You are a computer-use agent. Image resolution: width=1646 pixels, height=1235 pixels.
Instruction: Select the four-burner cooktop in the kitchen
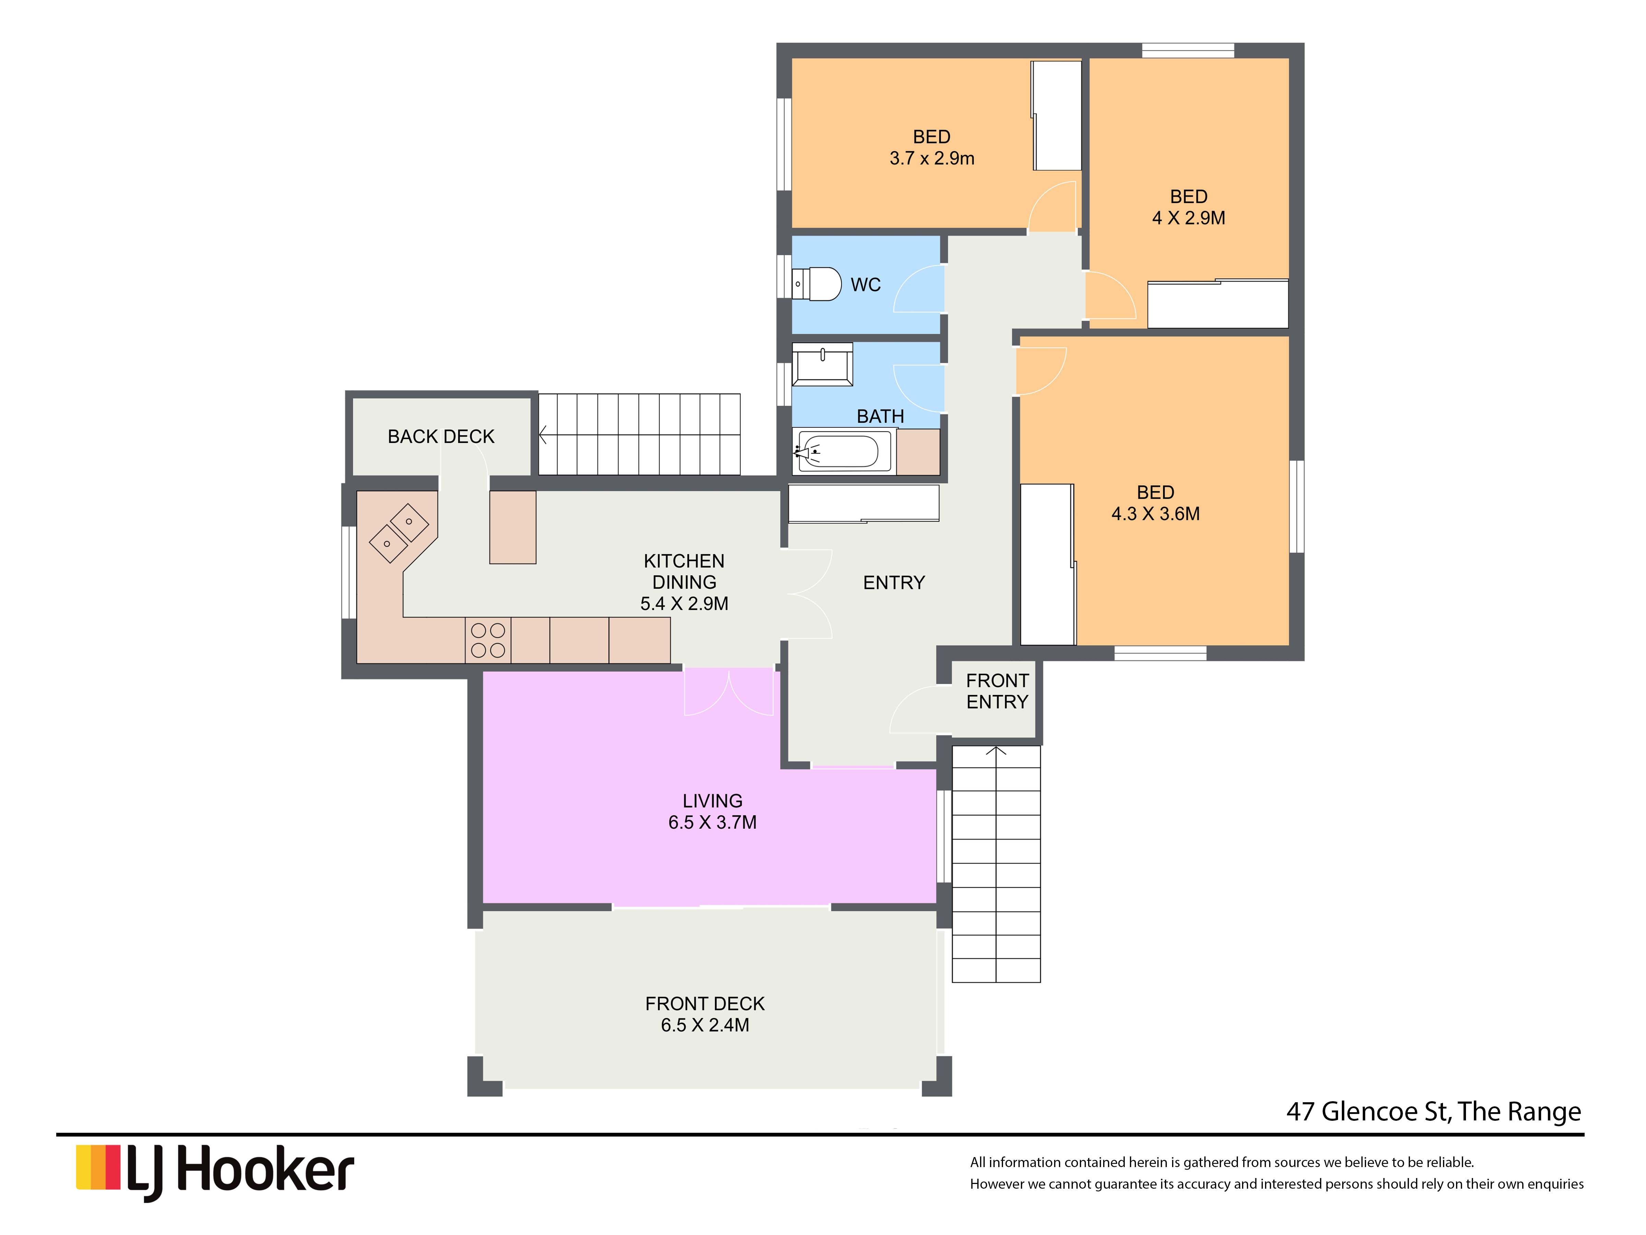pyautogui.click(x=488, y=640)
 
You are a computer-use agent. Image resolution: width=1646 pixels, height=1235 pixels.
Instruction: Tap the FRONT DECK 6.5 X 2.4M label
pyautogui.click(x=705, y=1014)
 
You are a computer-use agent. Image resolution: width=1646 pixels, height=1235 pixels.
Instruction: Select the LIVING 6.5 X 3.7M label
pyautogui.click(x=712, y=811)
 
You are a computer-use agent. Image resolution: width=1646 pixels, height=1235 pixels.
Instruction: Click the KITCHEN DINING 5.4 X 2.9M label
pyautogui.click(x=684, y=582)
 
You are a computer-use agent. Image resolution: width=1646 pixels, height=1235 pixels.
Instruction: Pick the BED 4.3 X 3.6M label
pyautogui.click(x=1156, y=503)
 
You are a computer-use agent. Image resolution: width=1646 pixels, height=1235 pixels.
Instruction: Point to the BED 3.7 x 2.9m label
pyautogui.click(x=932, y=148)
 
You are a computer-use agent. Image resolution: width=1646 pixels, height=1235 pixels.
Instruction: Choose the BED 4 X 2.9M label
pyautogui.click(x=1188, y=207)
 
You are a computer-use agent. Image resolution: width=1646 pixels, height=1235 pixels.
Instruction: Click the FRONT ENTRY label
pyautogui.click(x=997, y=691)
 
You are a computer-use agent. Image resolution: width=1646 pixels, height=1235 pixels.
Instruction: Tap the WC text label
pyautogui.click(x=866, y=284)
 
